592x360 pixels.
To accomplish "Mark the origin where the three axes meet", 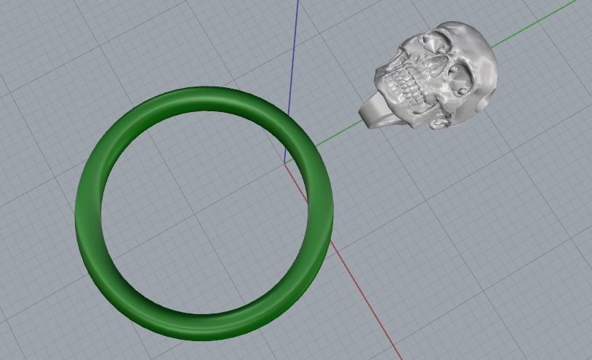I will coord(284,162).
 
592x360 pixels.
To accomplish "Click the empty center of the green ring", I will coord(204,211).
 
